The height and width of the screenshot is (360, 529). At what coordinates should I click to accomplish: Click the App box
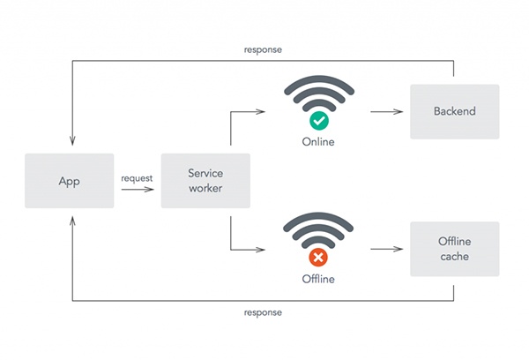click(69, 181)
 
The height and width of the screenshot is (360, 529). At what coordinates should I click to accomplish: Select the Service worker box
click(205, 181)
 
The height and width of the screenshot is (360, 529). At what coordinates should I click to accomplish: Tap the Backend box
click(454, 111)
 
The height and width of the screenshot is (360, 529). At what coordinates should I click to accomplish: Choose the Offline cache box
click(454, 249)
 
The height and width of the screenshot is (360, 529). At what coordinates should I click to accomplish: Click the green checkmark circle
click(318, 120)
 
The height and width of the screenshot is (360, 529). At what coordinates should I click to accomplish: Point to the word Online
click(318, 142)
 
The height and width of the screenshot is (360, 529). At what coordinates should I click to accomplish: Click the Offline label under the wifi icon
click(318, 281)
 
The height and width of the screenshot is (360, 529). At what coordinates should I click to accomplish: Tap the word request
click(137, 177)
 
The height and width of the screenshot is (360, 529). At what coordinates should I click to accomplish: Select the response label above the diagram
click(263, 49)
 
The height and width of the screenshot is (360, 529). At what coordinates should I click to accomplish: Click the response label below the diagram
click(263, 312)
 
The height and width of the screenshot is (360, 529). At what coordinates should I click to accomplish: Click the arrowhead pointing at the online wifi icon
click(263, 112)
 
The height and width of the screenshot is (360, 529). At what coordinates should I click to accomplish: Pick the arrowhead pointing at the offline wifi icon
click(263, 250)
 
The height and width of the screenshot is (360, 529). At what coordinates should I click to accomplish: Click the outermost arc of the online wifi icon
click(318, 86)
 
